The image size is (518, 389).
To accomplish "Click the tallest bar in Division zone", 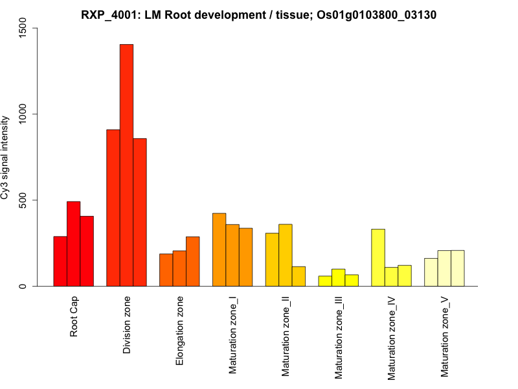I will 126,165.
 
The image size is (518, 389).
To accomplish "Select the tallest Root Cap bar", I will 73,244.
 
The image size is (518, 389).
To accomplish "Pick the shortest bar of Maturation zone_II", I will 298,276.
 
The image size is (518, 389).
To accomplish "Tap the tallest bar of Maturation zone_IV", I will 378,257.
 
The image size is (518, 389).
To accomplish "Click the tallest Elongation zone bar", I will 192,261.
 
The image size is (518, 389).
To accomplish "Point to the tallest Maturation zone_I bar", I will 219,250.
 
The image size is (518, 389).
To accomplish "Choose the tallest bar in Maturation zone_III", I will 338,277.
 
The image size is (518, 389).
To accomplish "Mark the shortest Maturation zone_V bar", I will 431,272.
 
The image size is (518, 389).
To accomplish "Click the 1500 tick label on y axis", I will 24,28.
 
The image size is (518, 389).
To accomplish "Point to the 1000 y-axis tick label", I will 24,114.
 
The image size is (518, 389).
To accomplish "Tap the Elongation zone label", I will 180,331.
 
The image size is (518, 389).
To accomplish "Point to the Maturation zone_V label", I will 445,335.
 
